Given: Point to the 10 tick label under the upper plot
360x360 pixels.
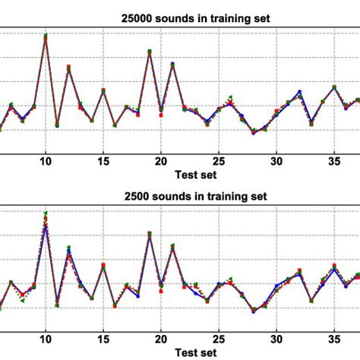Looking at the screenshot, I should coord(46,161).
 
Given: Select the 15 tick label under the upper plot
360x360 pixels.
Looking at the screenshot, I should coord(103,161).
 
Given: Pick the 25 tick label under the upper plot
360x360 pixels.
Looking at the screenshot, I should coord(219,161).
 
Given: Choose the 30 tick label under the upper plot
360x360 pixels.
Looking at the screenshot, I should coord(276,161).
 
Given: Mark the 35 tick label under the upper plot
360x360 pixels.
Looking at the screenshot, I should coord(334,161).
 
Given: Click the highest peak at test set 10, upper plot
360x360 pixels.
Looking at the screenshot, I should coord(46,35).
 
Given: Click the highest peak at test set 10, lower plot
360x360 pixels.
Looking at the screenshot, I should coord(46,214).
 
